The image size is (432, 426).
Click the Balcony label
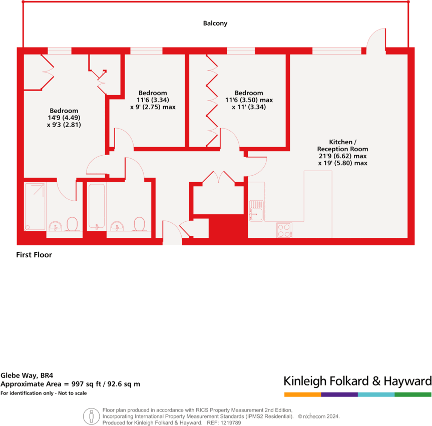(x=215, y=23)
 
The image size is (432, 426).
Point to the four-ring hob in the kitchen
(x=284, y=230)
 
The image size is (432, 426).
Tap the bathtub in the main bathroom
(x=96, y=206)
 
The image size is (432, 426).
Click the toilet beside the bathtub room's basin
(x=139, y=224)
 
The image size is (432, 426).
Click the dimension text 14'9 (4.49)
(x=63, y=118)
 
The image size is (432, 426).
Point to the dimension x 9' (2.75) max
(x=153, y=107)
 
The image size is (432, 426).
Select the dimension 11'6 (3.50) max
(x=249, y=100)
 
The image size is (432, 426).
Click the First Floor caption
(x=34, y=255)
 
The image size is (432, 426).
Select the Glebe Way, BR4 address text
(x=24, y=374)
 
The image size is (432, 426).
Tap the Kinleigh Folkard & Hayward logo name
(x=357, y=381)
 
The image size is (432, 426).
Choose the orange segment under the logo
(x=302, y=394)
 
